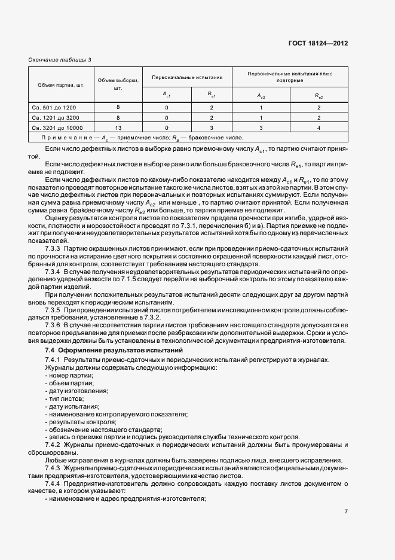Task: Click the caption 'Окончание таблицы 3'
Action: click(x=60, y=60)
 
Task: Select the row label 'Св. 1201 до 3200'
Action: click(x=56, y=118)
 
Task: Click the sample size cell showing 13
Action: click(x=118, y=128)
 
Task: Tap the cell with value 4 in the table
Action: click(x=319, y=128)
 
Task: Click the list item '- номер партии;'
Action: click(x=65, y=375)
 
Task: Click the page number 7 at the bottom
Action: click(x=346, y=512)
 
